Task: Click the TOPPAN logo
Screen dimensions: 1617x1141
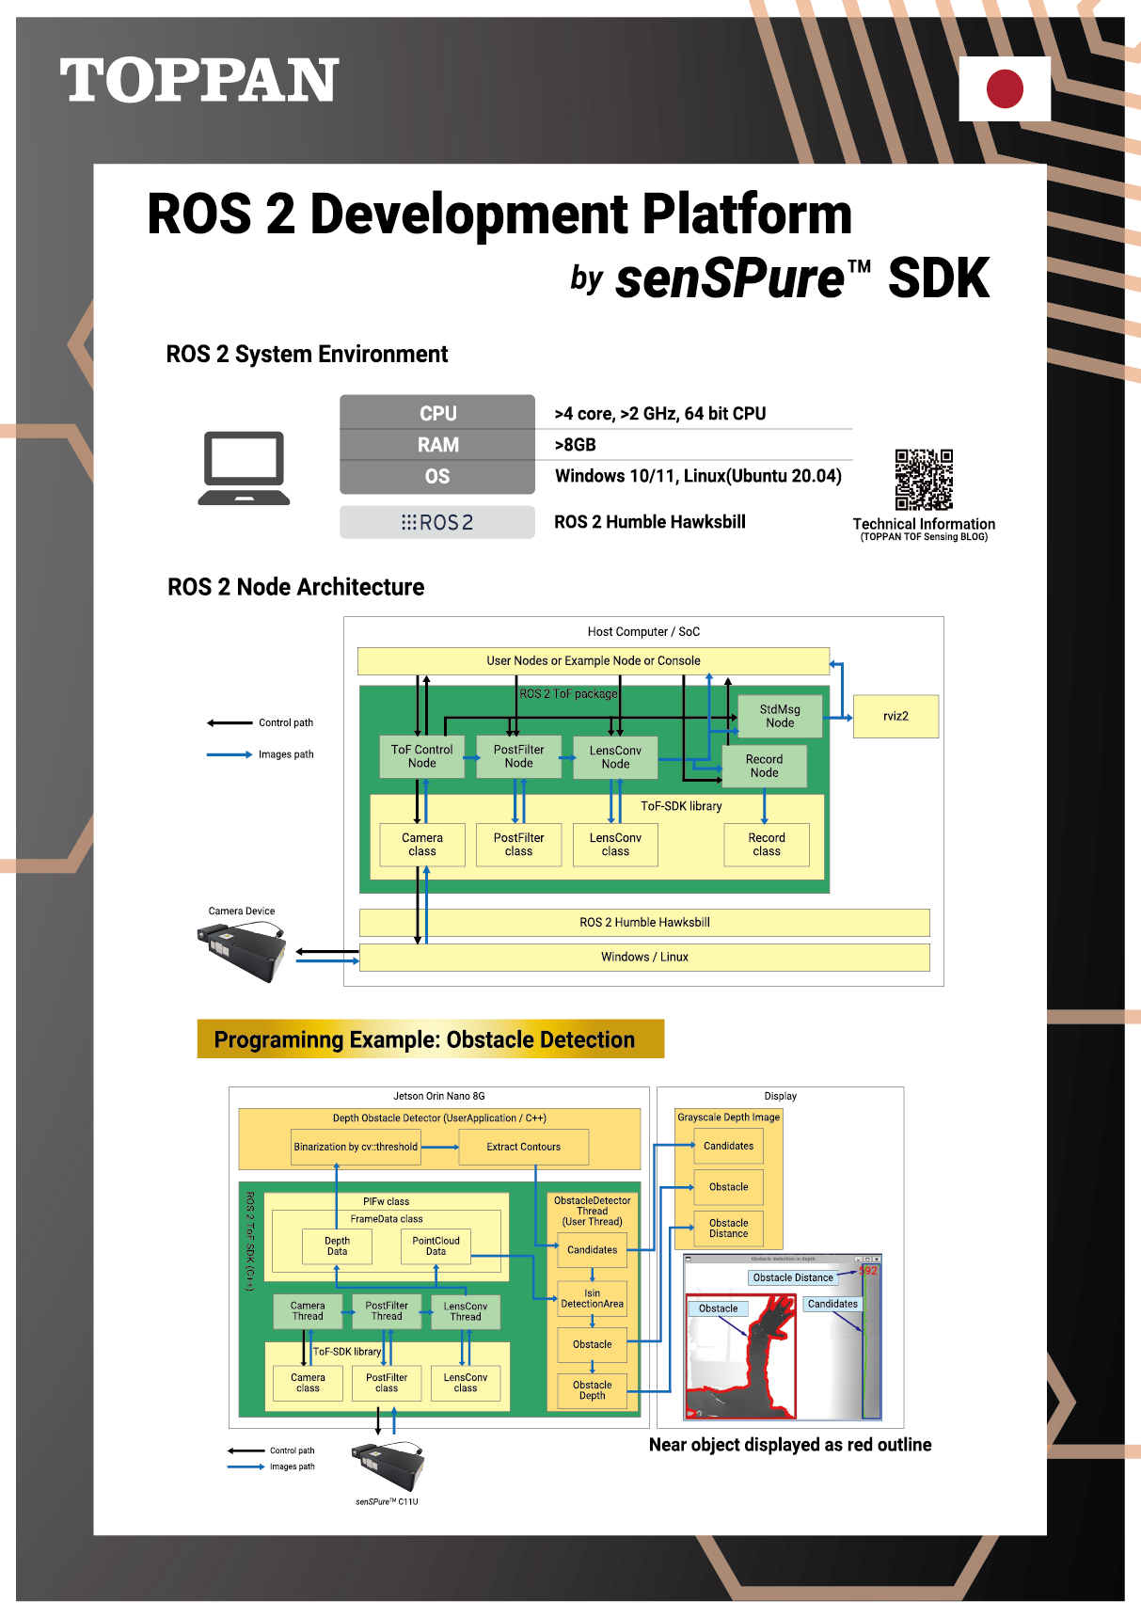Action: (x=199, y=81)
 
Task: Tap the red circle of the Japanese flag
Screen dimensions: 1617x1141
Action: (x=1005, y=88)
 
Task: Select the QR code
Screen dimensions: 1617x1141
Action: (x=924, y=480)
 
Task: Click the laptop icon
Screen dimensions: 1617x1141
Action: (x=245, y=468)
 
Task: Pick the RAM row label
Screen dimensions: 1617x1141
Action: (x=437, y=445)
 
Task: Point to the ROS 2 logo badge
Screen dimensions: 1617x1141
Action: (x=437, y=522)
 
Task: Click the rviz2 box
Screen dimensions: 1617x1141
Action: (x=895, y=717)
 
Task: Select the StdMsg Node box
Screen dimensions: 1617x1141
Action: (x=780, y=717)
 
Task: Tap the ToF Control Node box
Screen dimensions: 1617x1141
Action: (x=421, y=756)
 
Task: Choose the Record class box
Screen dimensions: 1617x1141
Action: (x=767, y=845)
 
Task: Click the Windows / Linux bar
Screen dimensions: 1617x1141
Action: (x=644, y=958)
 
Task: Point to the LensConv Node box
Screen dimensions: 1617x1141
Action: (x=615, y=757)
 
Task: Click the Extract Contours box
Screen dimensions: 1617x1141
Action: (x=523, y=1147)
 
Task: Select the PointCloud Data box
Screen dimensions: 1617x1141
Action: (x=436, y=1246)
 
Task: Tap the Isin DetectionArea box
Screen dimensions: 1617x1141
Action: (x=592, y=1299)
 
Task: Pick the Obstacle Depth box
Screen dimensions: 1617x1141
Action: (x=592, y=1390)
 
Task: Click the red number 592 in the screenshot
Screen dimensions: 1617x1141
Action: (x=868, y=1271)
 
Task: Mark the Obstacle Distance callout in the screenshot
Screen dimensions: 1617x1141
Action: (x=793, y=1277)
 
